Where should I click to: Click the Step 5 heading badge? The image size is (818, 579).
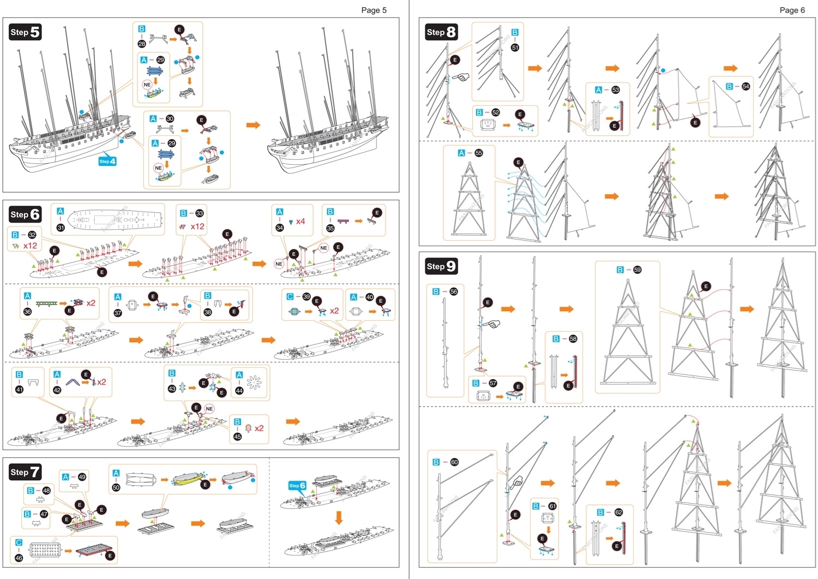pyautogui.click(x=25, y=32)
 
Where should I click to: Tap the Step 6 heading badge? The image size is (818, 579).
pyautogui.click(x=25, y=214)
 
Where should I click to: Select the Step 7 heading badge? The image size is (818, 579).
pyautogui.click(x=25, y=472)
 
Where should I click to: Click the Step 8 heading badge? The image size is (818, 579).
pyautogui.click(x=441, y=32)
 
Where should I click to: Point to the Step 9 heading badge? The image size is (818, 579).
pyautogui.click(x=441, y=266)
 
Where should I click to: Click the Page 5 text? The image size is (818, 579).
pyautogui.click(x=374, y=10)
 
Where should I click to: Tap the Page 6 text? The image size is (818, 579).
pyautogui.click(x=792, y=10)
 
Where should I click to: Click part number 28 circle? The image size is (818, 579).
pyautogui.click(x=142, y=44)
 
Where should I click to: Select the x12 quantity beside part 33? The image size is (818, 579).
pyautogui.click(x=197, y=226)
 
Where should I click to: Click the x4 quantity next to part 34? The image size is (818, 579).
pyautogui.click(x=300, y=222)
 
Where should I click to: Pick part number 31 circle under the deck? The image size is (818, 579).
pyautogui.click(x=61, y=228)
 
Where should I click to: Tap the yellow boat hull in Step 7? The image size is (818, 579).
pyautogui.click(x=188, y=480)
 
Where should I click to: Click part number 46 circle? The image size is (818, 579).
pyautogui.click(x=19, y=558)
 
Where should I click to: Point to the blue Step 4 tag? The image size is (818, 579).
pyautogui.click(x=107, y=162)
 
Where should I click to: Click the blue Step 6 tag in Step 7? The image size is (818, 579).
pyautogui.click(x=297, y=486)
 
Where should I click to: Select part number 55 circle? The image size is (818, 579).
pyautogui.click(x=479, y=153)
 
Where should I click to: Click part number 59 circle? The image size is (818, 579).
pyautogui.click(x=637, y=270)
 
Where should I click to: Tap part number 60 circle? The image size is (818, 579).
pyautogui.click(x=454, y=462)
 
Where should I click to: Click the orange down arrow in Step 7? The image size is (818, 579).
pyautogui.click(x=339, y=517)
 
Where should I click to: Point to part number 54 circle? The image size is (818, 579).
pyautogui.click(x=745, y=87)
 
